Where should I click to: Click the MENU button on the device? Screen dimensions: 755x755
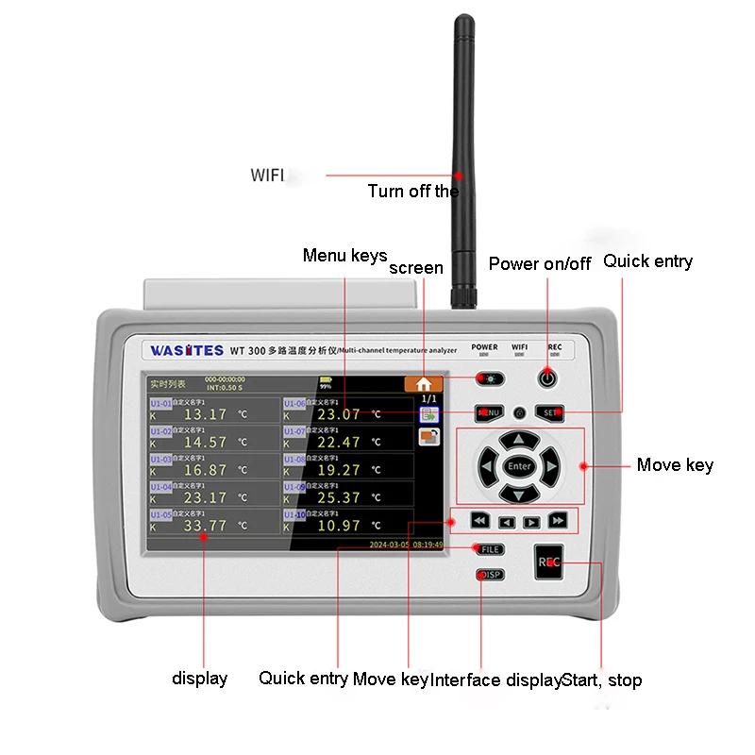coord(489,412)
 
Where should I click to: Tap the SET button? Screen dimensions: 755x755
coord(550,412)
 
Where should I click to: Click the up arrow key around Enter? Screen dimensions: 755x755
coord(518,440)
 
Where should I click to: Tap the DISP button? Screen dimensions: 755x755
coord(490,575)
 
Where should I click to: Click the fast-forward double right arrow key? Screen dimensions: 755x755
coord(558,521)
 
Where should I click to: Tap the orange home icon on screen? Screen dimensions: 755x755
coord(424,383)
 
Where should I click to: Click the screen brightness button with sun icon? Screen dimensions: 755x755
coord(490,379)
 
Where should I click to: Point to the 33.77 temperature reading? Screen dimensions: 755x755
coord(205,525)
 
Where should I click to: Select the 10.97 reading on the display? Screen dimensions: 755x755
coord(338,525)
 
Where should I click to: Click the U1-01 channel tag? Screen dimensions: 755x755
coord(160,403)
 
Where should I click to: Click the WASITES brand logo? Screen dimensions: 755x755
coord(186,350)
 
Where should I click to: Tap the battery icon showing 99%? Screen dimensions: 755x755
coord(326,380)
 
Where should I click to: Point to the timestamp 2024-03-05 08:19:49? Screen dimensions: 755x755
coord(406,545)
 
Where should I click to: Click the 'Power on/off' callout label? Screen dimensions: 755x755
coord(539,263)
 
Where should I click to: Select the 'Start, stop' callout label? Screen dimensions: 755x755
coord(602,679)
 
